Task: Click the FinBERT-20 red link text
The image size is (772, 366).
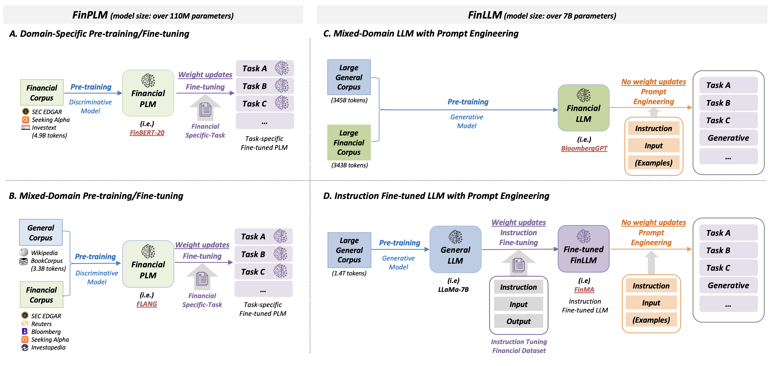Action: pyautogui.click(x=147, y=133)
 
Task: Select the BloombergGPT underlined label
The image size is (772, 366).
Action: pyautogui.click(x=584, y=148)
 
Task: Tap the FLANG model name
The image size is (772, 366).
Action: pyautogui.click(x=147, y=304)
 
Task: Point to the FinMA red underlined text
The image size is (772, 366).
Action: pyautogui.click(x=584, y=290)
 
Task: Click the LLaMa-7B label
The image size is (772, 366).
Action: pyautogui.click(x=453, y=290)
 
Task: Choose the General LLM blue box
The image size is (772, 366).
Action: pyautogui.click(x=455, y=249)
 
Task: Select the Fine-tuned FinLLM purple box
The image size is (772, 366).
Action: pyautogui.click(x=583, y=249)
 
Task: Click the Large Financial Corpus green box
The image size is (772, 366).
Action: pyautogui.click(x=349, y=143)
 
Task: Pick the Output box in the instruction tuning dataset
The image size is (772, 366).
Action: pyautogui.click(x=518, y=321)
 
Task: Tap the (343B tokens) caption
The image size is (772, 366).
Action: pyautogui.click(x=349, y=165)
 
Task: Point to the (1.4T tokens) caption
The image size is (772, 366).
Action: pyautogui.click(x=349, y=273)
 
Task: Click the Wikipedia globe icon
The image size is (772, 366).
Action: pyautogui.click(x=24, y=252)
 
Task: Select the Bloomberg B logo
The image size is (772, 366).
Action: pyautogui.click(x=25, y=331)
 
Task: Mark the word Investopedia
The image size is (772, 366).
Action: pyautogui.click(x=48, y=347)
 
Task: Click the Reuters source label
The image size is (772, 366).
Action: pyautogui.click(x=41, y=324)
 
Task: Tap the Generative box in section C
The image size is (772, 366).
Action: pyautogui.click(x=728, y=138)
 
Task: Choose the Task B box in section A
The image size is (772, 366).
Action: pyautogui.click(x=265, y=86)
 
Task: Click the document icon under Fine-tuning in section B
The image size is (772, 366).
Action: pyautogui.click(x=202, y=279)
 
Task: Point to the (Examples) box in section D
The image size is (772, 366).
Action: pyautogui.click(x=651, y=320)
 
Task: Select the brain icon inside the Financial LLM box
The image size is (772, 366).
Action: pyautogui.click(x=583, y=95)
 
